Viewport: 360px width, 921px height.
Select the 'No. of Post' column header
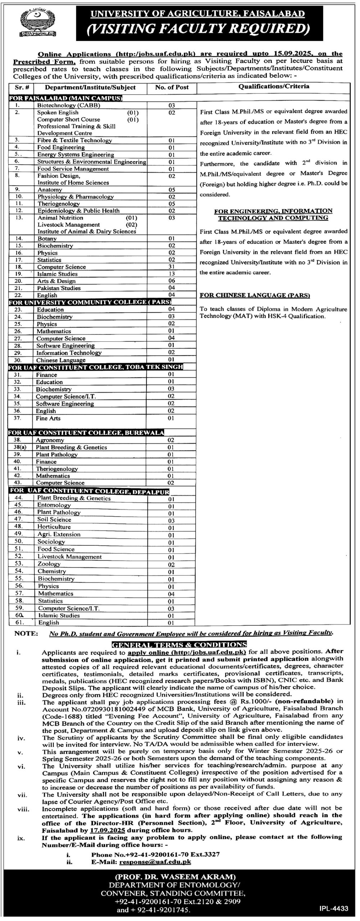click(172, 87)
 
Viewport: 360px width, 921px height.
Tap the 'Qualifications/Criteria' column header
click(273, 86)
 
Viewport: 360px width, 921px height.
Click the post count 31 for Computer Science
click(172, 267)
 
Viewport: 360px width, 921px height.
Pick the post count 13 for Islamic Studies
click(172, 274)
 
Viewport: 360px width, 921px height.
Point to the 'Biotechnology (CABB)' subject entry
click(69, 105)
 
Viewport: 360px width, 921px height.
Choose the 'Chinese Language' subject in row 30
click(61, 360)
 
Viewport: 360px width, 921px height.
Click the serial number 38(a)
click(18, 447)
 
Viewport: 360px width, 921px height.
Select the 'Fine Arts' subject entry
click(48, 418)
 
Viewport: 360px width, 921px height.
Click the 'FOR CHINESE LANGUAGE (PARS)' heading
click(255, 295)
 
